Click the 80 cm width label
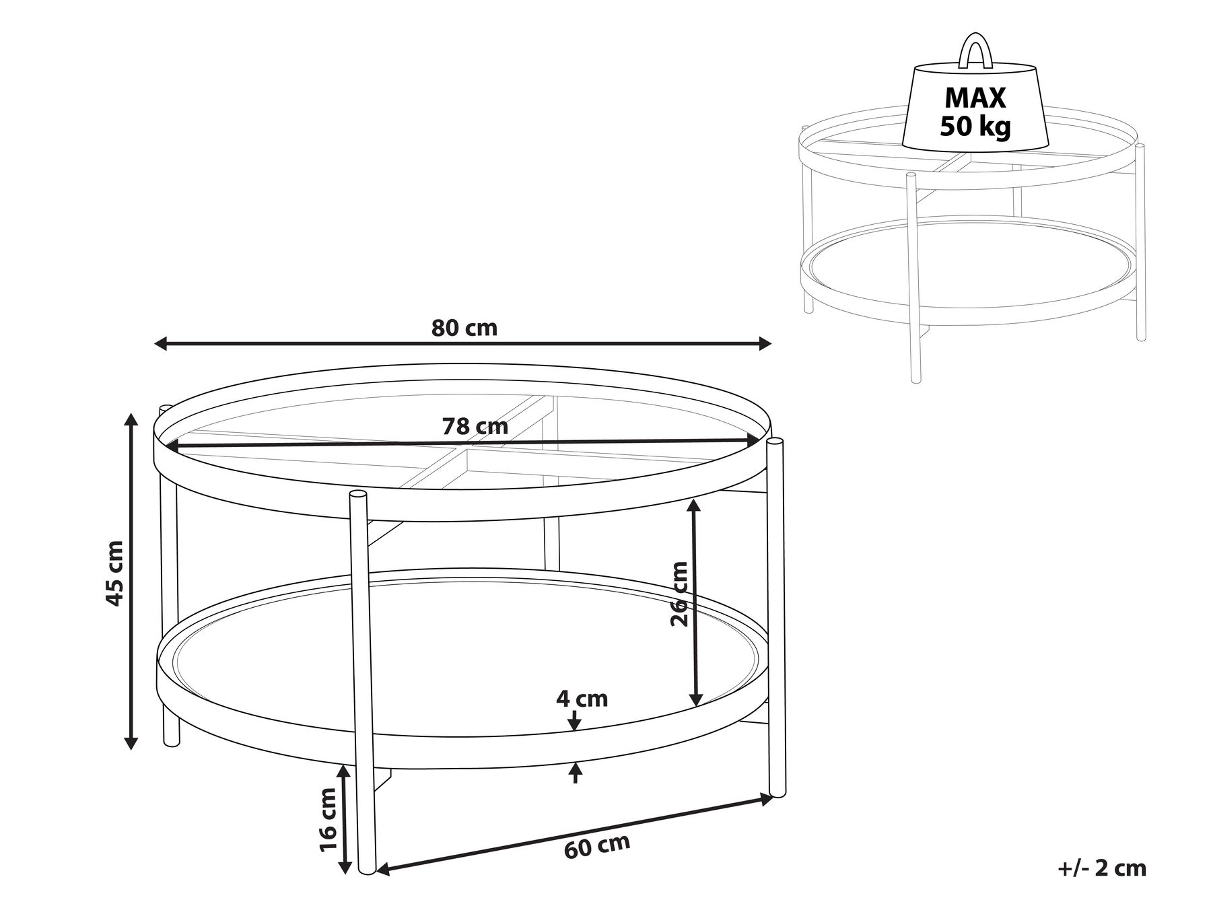[x=464, y=328]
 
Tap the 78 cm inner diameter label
[x=475, y=427]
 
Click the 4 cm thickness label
[x=582, y=699]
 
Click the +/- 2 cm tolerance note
[x=1102, y=868]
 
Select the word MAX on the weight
[x=975, y=98]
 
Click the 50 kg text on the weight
[x=975, y=127]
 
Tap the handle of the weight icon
[x=975, y=50]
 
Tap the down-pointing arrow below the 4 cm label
[x=574, y=724]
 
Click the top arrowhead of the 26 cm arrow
[x=695, y=506]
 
